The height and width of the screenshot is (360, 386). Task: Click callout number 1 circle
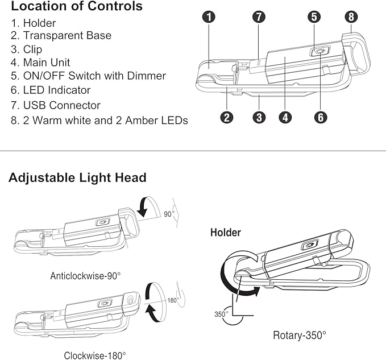pyautogui.click(x=209, y=17)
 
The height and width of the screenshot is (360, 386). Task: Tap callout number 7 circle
pyautogui.click(x=259, y=17)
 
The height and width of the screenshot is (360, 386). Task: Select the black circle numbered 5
pyautogui.click(x=314, y=17)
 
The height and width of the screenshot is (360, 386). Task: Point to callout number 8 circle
pyautogui.click(x=351, y=17)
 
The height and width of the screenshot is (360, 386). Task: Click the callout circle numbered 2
pyautogui.click(x=227, y=117)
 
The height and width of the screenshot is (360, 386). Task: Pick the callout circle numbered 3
pyautogui.click(x=259, y=117)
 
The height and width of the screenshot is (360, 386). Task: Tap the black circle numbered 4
pyautogui.click(x=285, y=117)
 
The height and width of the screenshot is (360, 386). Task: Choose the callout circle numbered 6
pyautogui.click(x=321, y=117)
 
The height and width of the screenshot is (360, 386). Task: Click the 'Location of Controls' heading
pyautogui.click(x=77, y=6)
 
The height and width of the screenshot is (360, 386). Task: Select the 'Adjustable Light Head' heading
pyautogui.click(x=77, y=177)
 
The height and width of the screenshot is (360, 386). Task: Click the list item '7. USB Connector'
pyautogui.click(x=55, y=105)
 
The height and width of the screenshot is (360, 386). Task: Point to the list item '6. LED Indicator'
pyautogui.click(x=51, y=90)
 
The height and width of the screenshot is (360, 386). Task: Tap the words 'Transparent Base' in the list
pyautogui.click(x=67, y=35)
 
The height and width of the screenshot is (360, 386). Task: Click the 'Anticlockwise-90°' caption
pyautogui.click(x=85, y=276)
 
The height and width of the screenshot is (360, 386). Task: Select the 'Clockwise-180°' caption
pyautogui.click(x=95, y=355)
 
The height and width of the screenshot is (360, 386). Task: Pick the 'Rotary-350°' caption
pyautogui.click(x=300, y=335)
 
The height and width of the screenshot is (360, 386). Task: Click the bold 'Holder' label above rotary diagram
pyautogui.click(x=226, y=233)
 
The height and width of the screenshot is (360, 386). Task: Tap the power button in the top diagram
pyautogui.click(x=319, y=51)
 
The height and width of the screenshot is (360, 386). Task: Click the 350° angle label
pyautogui.click(x=221, y=314)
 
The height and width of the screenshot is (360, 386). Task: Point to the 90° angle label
pyautogui.click(x=169, y=214)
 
